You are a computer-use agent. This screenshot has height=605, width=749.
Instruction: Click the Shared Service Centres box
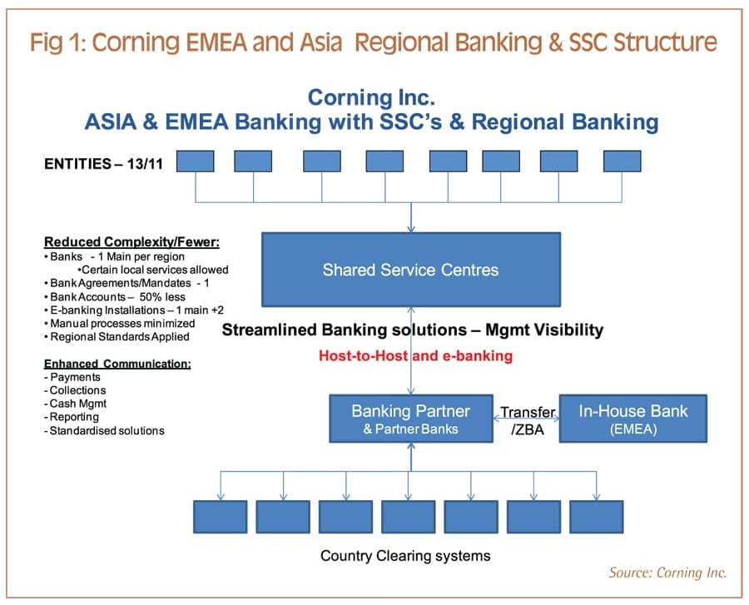click(411, 270)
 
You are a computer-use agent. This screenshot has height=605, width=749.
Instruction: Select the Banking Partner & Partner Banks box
click(410, 419)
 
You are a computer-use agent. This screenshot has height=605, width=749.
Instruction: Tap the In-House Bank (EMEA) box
click(632, 419)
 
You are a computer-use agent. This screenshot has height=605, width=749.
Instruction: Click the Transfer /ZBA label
click(527, 419)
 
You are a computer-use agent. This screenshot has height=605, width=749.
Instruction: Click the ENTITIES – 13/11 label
click(103, 164)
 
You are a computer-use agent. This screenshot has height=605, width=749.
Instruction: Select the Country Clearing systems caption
click(405, 555)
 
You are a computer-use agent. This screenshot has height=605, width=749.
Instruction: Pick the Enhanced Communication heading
click(117, 364)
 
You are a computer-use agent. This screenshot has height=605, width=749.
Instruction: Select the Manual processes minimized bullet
click(122, 323)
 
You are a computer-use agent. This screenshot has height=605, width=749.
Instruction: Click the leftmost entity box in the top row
click(195, 161)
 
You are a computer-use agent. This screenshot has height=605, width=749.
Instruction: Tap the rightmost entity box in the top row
click(623, 161)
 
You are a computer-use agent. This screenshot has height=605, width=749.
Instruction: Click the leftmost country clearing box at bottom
click(220, 517)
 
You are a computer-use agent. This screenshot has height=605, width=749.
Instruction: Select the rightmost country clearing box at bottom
click(596, 517)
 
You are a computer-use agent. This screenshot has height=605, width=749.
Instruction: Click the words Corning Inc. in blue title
click(371, 97)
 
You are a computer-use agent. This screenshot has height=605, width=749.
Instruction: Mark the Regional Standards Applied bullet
click(117, 336)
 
